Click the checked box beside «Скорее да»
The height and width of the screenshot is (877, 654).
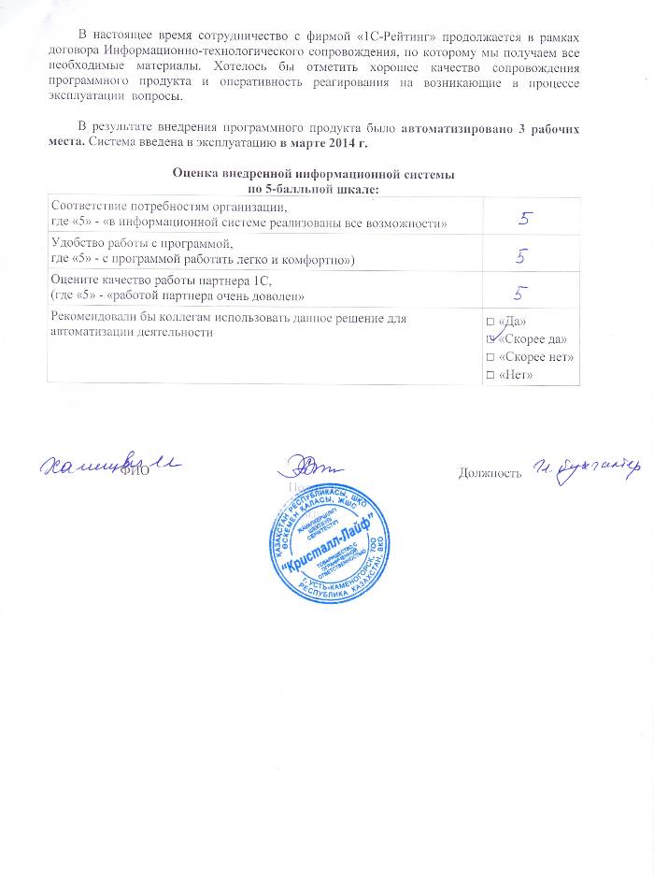coord(492,339)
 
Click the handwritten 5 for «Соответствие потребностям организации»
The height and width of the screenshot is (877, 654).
coord(526,217)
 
